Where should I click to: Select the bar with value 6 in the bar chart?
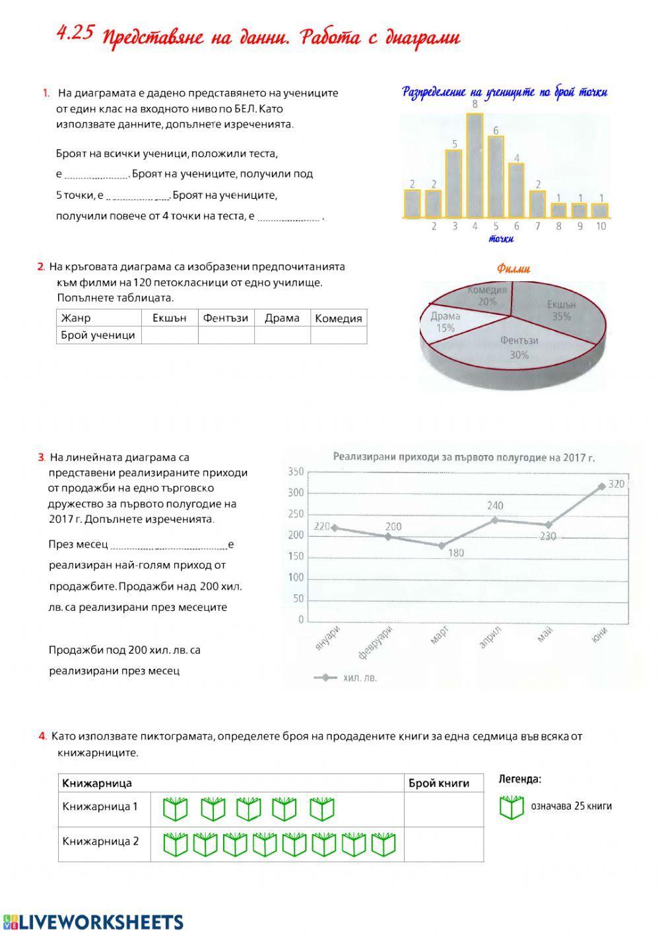pyautogui.click(x=496, y=176)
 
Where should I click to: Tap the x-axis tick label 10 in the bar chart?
pyautogui.click(x=601, y=226)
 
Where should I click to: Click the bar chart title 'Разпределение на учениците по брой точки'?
pyautogui.click(x=505, y=92)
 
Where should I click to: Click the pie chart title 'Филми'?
pyautogui.click(x=513, y=269)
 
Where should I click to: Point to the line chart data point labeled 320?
pyautogui.click(x=601, y=486)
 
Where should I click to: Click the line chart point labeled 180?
pyautogui.click(x=441, y=545)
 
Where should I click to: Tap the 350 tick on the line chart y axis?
pyautogui.click(x=296, y=471)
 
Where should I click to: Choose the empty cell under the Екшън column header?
pyautogui.click(x=170, y=335)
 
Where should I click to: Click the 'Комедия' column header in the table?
pyautogui.click(x=339, y=318)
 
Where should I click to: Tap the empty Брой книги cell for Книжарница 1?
pyautogui.click(x=443, y=809)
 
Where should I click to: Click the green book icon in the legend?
pyautogui.click(x=511, y=807)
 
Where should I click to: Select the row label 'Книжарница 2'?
pyautogui.click(x=101, y=841)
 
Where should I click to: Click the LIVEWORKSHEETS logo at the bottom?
pyautogui.click(x=92, y=922)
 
